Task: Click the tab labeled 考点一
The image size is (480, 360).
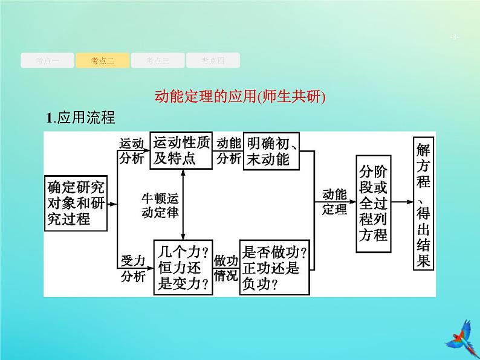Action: click(x=47, y=60)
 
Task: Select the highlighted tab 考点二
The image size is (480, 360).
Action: click(x=102, y=60)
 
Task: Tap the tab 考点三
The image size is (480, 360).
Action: click(x=157, y=60)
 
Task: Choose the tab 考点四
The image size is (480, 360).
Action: click(x=212, y=60)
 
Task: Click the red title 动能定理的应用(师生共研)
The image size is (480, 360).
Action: click(x=240, y=97)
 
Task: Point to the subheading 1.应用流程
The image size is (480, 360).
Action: click(x=80, y=118)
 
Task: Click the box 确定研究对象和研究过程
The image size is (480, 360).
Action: click(x=76, y=203)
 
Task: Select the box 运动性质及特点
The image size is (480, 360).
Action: click(x=182, y=151)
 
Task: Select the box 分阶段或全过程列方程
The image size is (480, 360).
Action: click(x=372, y=201)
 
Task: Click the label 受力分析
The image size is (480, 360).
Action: click(x=132, y=268)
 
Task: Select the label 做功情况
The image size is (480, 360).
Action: click(x=226, y=268)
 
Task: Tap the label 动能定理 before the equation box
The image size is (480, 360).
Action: click(x=334, y=202)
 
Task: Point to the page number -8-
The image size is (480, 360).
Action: click(x=455, y=38)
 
